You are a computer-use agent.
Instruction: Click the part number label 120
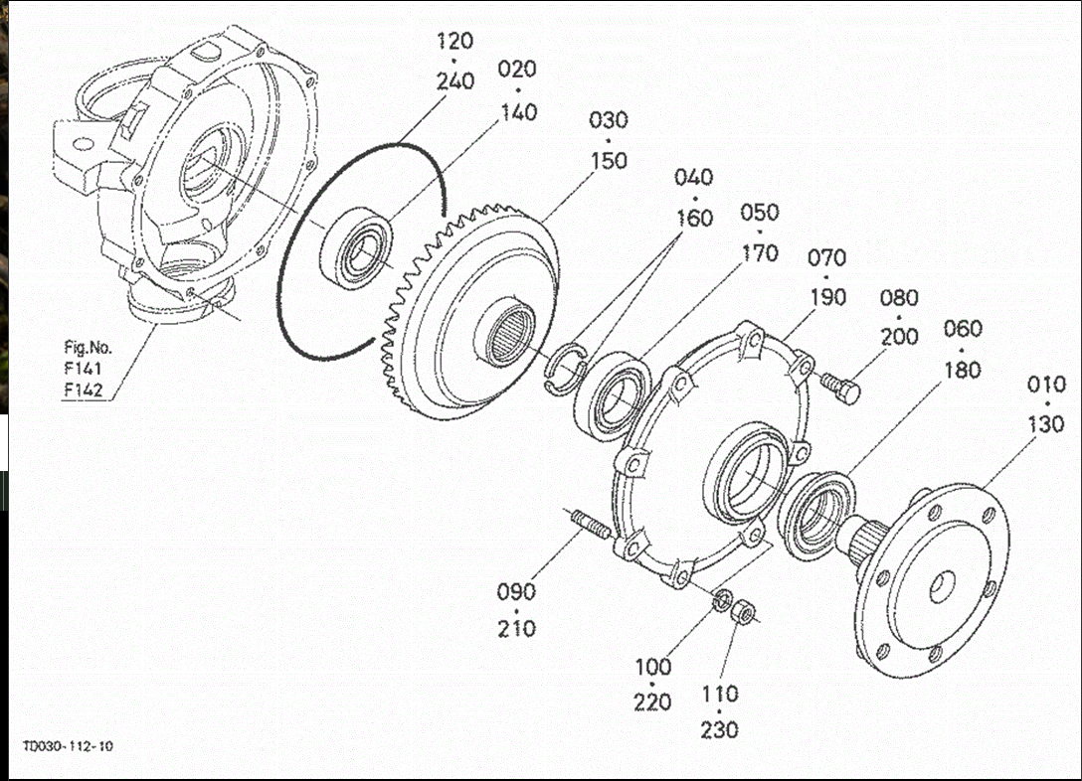[x=454, y=42]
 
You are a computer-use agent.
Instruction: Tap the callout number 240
[x=454, y=81]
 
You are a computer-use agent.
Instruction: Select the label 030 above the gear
[x=609, y=120]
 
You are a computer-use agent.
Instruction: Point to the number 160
[x=693, y=218]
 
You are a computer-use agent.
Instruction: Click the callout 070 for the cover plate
[x=826, y=258]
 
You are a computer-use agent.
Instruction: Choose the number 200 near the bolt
[x=899, y=337]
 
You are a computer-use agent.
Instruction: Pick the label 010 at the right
[x=1045, y=385]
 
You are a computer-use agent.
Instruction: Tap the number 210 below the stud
[x=516, y=628]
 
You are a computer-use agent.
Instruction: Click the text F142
[x=84, y=390]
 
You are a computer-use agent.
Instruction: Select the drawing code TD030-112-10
[x=69, y=746]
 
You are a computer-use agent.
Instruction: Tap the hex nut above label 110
[x=742, y=613]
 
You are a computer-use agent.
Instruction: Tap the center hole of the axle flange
[x=940, y=587]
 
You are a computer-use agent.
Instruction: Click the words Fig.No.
[x=88, y=348]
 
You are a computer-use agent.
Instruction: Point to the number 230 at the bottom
[x=719, y=730]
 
